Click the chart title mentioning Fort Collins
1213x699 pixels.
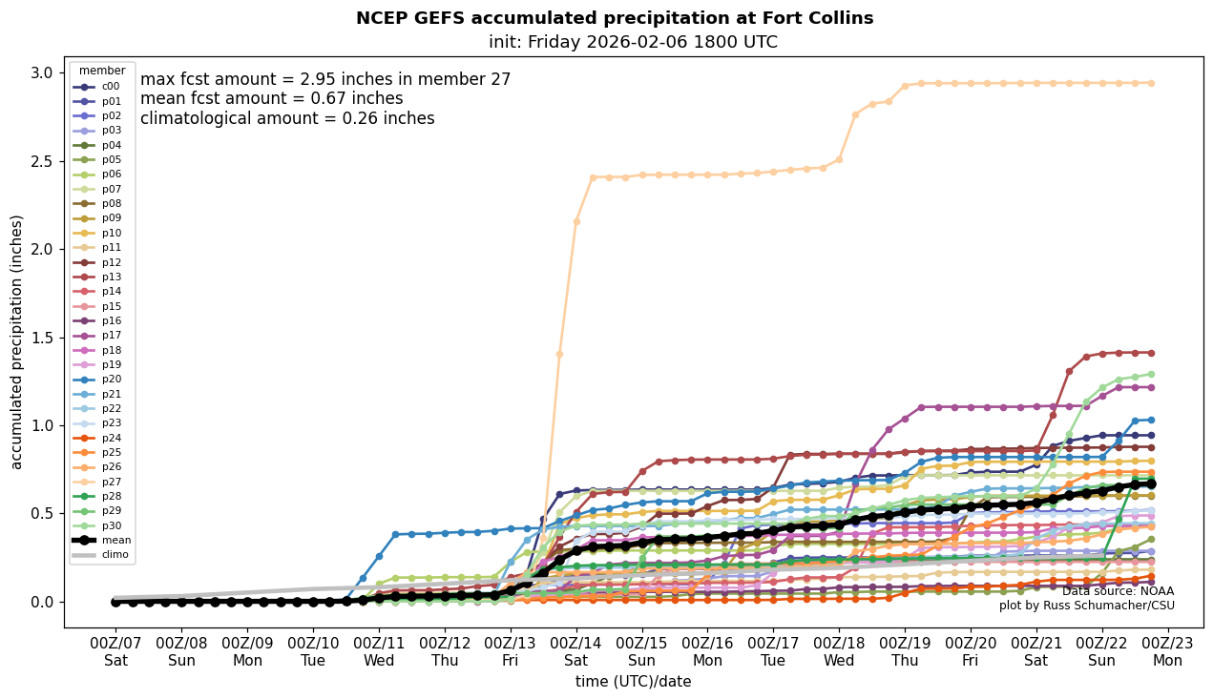point(614,18)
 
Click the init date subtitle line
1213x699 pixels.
point(633,42)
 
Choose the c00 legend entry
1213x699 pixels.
point(111,86)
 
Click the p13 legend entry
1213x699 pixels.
point(111,277)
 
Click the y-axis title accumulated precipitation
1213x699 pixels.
point(17,341)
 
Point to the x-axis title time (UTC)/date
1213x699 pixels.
point(633,682)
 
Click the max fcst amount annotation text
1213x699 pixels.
point(325,79)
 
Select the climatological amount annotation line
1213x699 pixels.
point(287,118)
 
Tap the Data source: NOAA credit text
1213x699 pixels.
point(1118,591)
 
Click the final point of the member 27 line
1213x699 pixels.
point(1150,83)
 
